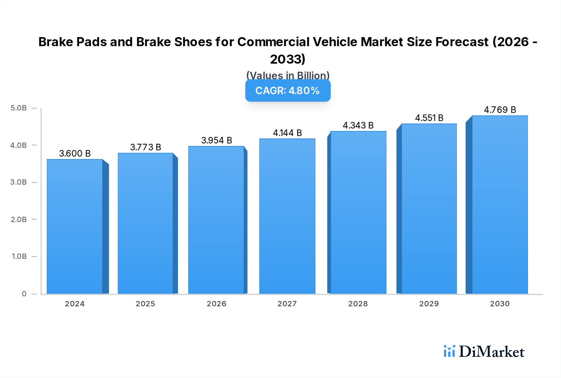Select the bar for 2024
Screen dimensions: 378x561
[75, 227]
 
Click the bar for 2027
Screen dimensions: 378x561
[287, 216]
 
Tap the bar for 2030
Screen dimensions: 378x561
[500, 205]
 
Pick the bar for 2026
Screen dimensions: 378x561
[216, 220]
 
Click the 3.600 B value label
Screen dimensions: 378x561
[75, 153]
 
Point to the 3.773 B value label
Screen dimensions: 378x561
[146, 147]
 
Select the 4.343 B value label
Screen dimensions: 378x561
[358, 125]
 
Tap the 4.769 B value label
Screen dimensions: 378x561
[500, 110]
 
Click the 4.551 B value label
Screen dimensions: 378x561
[429, 118]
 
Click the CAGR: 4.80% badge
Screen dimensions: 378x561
[288, 90]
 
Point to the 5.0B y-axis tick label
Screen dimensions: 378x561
[19, 108]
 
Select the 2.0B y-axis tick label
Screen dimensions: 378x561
[19, 220]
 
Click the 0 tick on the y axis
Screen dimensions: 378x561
[24, 294]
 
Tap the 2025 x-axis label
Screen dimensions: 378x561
[145, 304]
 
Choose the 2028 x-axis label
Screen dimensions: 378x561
[358, 304]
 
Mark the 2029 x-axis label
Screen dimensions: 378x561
[429, 304]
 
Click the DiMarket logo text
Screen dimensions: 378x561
[491, 352]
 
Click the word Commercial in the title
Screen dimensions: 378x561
[273, 42]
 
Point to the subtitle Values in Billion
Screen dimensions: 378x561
[288, 75]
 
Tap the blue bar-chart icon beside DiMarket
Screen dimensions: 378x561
[449, 351]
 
